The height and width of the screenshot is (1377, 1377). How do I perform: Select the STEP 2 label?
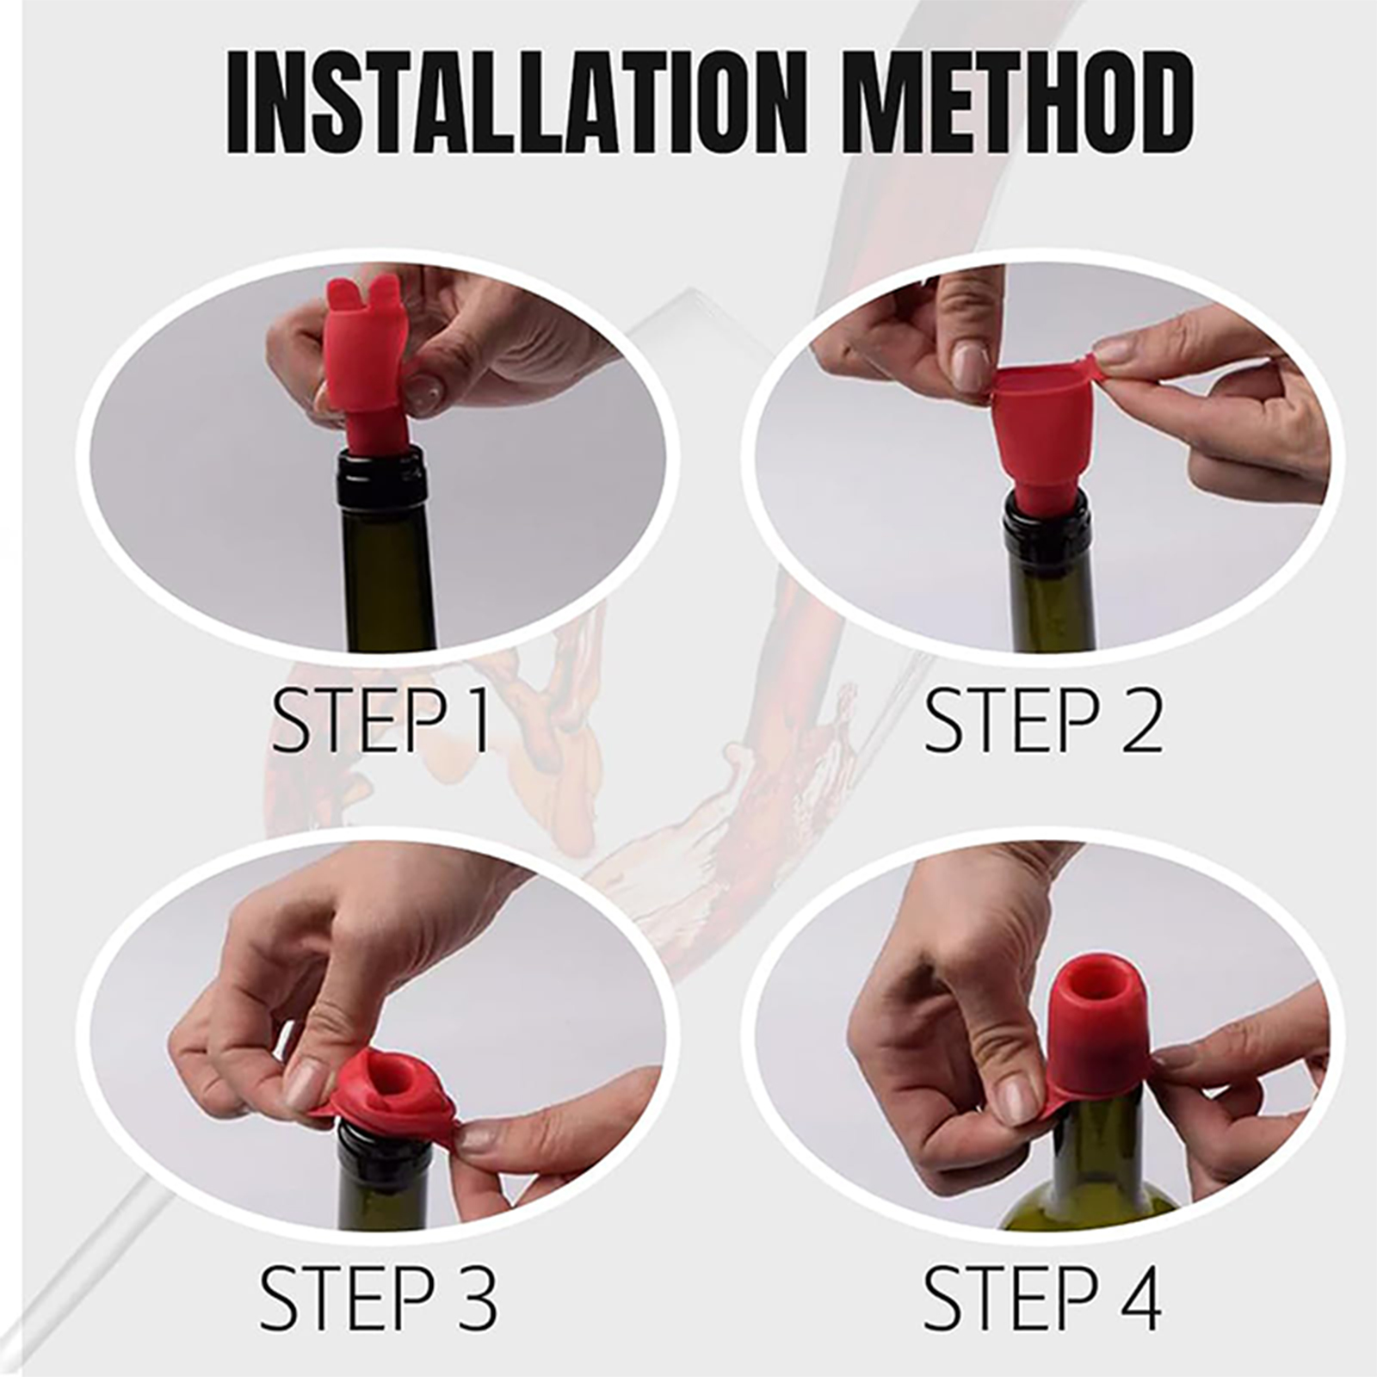tap(1043, 721)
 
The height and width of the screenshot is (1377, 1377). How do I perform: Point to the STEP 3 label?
tap(379, 1297)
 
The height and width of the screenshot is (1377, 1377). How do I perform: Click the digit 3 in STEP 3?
tap(472, 1298)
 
